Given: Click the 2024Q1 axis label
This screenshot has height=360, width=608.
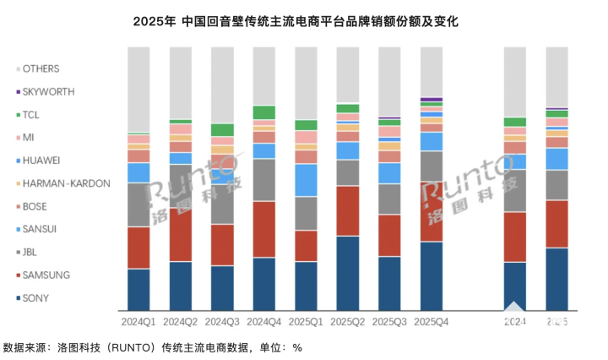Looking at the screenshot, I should click(138, 322).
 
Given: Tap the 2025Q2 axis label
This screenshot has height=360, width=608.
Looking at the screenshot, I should click(348, 322).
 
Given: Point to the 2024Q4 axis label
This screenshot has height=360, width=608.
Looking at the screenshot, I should click(263, 322).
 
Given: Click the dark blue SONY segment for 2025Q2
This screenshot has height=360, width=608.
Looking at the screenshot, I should click(348, 273).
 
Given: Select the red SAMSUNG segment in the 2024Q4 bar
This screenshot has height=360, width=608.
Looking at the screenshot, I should click(263, 229).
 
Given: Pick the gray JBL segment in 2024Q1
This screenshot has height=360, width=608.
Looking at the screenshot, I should click(138, 205).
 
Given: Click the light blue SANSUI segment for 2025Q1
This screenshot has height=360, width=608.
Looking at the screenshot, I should click(306, 180).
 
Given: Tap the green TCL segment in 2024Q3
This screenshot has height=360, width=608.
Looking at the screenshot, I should click(222, 130).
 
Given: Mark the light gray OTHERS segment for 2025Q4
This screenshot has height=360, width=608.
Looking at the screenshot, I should click(431, 72).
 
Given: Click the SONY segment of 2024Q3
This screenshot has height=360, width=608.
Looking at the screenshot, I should click(222, 288).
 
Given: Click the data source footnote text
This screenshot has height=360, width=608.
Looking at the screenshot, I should click(152, 346).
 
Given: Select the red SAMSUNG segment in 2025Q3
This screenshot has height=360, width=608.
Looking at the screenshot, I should click(389, 235).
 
